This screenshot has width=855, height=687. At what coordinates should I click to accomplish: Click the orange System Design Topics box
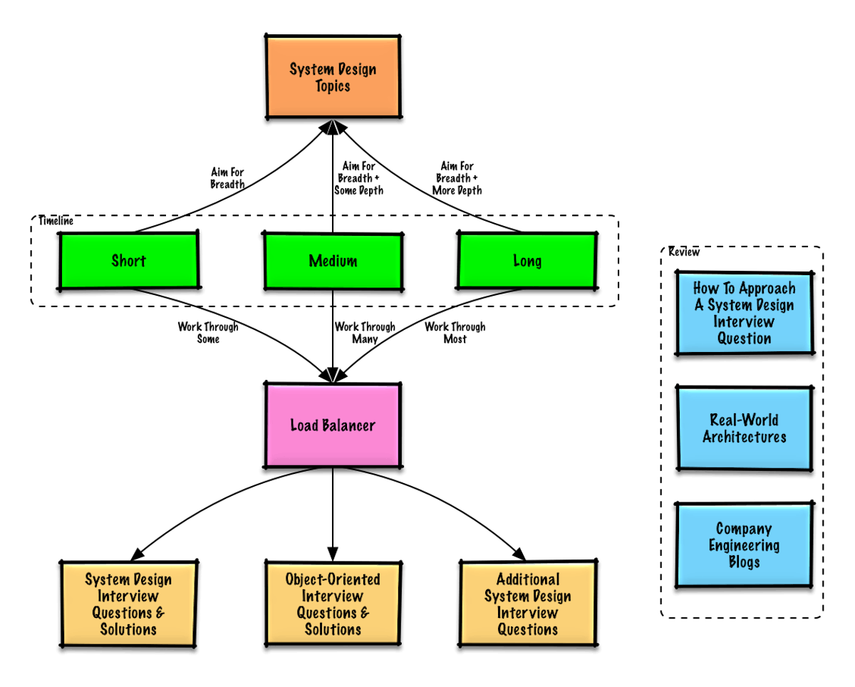(x=333, y=78)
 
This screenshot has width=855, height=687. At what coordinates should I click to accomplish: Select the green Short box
(x=128, y=261)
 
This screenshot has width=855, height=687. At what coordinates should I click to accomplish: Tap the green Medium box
(x=333, y=261)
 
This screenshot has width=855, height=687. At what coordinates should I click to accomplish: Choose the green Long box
(x=527, y=261)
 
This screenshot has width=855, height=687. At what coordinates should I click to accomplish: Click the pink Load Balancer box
(x=333, y=426)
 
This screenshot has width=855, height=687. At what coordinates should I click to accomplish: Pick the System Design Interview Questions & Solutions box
(x=128, y=604)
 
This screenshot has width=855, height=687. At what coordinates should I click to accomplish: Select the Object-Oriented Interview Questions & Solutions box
(x=333, y=604)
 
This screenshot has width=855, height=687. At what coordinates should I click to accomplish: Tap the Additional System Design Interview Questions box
(x=527, y=604)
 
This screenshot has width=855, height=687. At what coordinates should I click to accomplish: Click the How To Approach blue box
(x=745, y=313)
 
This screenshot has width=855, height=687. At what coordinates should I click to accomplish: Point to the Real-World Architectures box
(x=745, y=428)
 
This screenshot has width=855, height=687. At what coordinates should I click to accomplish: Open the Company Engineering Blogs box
(x=745, y=545)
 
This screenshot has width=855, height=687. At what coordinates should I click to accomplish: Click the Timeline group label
(x=56, y=222)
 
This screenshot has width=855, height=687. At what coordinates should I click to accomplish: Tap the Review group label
(x=684, y=252)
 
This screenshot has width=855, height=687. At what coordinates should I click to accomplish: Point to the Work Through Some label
(x=209, y=333)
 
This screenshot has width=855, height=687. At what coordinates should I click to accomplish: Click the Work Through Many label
(x=364, y=333)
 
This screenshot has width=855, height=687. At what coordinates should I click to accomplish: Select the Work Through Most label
(x=455, y=333)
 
